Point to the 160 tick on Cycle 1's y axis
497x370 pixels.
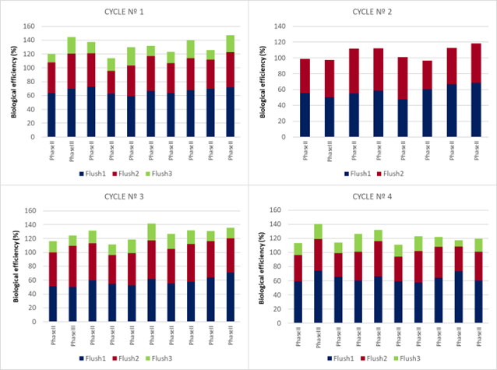pos(28,26)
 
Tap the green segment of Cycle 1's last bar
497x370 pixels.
pos(230,43)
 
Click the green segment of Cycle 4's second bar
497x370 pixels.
pos(317,231)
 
